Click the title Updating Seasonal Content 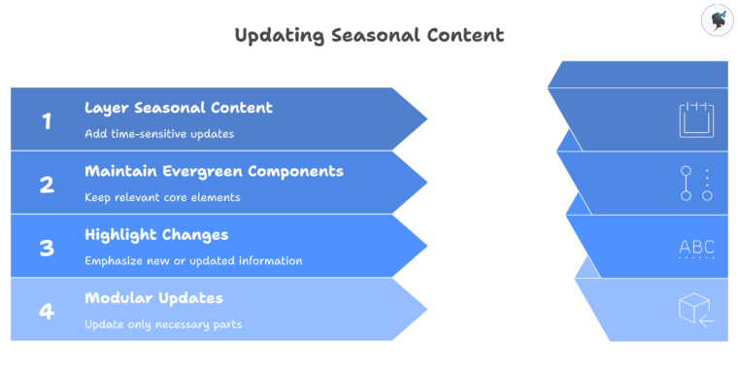(369, 35)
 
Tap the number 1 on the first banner (47, 120)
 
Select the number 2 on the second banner (47, 184)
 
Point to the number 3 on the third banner (47, 247)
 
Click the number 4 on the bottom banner (47, 311)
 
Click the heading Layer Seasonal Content (178, 108)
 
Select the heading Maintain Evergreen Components (214, 171)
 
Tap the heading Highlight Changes (156, 235)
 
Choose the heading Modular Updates (153, 298)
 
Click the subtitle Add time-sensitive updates (159, 133)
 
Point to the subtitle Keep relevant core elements (162, 197)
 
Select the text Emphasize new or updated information (193, 260)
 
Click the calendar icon (696, 119)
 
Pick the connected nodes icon (696, 183)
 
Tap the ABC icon (696, 248)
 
